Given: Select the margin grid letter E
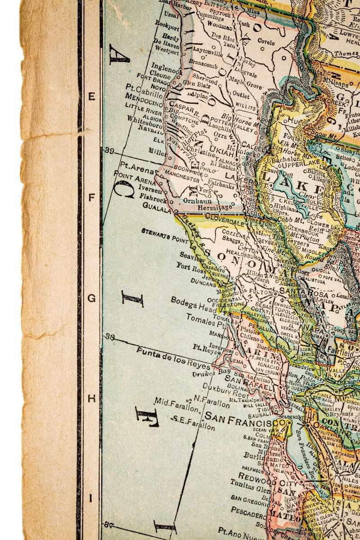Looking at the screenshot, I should click(x=92, y=96).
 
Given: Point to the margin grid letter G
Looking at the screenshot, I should click(x=92, y=298).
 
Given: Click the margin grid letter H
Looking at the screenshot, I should click(x=92, y=399).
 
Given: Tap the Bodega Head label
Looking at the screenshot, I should click(x=190, y=303).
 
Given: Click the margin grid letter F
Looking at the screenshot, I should click(x=92, y=197).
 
